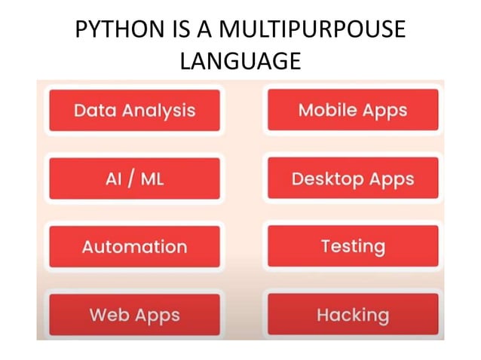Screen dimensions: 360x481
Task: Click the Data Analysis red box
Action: [134, 111]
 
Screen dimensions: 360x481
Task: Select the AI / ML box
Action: [134, 179]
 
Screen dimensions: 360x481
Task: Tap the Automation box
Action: [134, 247]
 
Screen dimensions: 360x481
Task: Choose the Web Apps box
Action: [134, 314]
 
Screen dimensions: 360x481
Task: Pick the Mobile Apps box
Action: [352, 111]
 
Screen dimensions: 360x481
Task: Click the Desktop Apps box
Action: [352, 179]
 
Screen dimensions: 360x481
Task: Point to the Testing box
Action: [352, 246]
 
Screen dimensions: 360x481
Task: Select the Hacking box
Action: [352, 314]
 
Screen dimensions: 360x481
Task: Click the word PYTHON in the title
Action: [119, 32]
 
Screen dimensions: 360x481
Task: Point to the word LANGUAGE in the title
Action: [240, 61]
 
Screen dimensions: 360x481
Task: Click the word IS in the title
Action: [182, 32]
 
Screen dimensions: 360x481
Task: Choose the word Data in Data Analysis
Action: [94, 111]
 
